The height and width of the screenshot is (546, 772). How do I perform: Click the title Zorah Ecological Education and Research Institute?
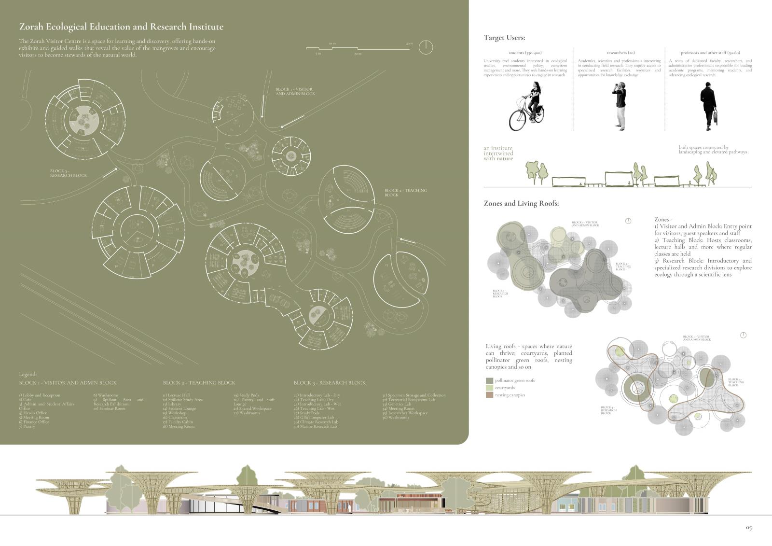(x=121, y=27)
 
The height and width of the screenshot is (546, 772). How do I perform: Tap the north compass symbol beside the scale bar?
(x=426, y=47)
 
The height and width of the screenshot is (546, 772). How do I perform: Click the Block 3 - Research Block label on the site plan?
(x=69, y=173)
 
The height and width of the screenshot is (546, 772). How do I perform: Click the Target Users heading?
(x=504, y=38)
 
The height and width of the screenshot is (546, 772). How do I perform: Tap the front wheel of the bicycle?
(x=518, y=120)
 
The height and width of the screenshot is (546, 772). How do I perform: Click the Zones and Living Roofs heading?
(x=521, y=203)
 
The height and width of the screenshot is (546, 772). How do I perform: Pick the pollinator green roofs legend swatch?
(x=489, y=380)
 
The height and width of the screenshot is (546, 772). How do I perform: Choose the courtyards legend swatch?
(x=489, y=388)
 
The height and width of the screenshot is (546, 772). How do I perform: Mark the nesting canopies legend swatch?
(x=489, y=395)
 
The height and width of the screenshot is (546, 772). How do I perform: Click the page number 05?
(x=748, y=528)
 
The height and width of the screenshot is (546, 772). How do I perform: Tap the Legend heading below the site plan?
(x=28, y=374)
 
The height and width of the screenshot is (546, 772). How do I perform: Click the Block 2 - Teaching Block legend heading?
(x=199, y=383)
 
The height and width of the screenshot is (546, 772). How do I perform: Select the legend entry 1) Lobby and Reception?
(x=40, y=395)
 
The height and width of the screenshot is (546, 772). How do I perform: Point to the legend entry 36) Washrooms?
(x=396, y=418)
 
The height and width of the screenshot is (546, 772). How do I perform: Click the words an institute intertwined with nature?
(x=498, y=154)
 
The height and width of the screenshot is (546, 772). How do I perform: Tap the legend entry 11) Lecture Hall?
(x=176, y=395)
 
